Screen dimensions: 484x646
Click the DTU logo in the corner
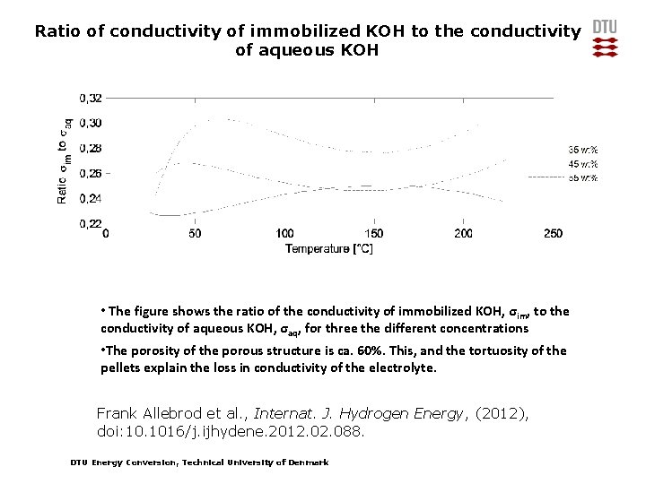606,39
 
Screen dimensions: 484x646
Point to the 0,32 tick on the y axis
91,97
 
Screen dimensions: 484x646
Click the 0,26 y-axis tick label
91,173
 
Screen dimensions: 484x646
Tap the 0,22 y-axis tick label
91,223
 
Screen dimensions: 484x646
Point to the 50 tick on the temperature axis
196,233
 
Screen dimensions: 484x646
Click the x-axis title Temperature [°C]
329,247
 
